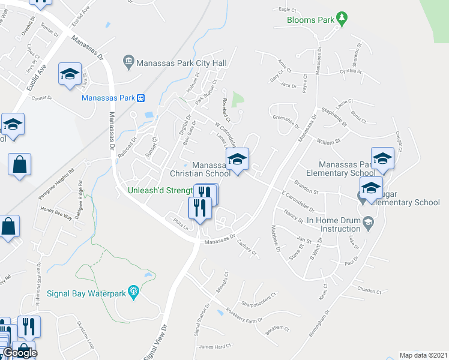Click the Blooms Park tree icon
(x=342, y=19)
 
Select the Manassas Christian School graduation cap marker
(x=237, y=160)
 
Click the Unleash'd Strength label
(x=160, y=191)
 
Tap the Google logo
(x=20, y=353)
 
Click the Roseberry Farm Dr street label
(x=246, y=316)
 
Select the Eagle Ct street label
(x=288, y=10)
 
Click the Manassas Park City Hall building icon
(x=128, y=61)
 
